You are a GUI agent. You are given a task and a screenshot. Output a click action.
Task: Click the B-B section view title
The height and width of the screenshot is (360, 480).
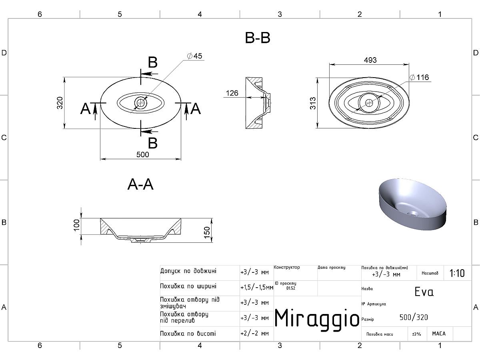[257, 38]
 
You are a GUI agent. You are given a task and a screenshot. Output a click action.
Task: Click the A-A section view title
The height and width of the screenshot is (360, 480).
[140, 184]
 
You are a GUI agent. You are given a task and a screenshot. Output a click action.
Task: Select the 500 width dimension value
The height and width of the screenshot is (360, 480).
[142, 154]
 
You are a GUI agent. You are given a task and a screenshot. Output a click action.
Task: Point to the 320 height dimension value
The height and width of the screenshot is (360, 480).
[60, 103]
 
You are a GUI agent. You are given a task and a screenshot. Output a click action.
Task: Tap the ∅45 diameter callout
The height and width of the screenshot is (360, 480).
[195, 56]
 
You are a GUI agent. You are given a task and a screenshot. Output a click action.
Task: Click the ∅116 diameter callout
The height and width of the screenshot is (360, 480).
[419, 77]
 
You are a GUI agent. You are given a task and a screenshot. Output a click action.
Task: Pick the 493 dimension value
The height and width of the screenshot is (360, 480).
[370, 60]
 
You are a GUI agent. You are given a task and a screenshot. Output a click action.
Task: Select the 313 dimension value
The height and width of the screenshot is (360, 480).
[313, 103]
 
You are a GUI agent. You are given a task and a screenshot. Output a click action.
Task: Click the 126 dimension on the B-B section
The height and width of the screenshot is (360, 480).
[232, 93]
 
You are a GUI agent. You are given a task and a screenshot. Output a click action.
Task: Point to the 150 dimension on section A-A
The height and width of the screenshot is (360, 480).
[207, 232]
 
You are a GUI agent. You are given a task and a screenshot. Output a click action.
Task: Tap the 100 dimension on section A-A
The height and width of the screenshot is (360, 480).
[76, 225]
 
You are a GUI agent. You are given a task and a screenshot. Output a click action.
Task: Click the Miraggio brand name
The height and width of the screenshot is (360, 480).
[317, 318]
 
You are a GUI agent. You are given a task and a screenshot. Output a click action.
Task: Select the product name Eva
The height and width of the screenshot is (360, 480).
[424, 292]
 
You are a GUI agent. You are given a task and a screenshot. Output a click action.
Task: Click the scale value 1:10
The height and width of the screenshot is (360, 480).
[457, 273]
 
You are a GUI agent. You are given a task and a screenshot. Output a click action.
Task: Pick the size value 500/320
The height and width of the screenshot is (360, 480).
[414, 317]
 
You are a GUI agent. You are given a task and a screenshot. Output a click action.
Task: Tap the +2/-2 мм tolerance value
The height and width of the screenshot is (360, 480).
[254, 333]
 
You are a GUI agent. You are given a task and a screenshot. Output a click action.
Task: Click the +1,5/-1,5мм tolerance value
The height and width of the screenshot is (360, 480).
[257, 288]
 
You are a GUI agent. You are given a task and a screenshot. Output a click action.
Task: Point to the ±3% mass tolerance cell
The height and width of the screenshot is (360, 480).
[416, 334]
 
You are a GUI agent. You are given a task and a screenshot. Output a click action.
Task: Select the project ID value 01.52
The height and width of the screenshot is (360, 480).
[291, 288]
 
